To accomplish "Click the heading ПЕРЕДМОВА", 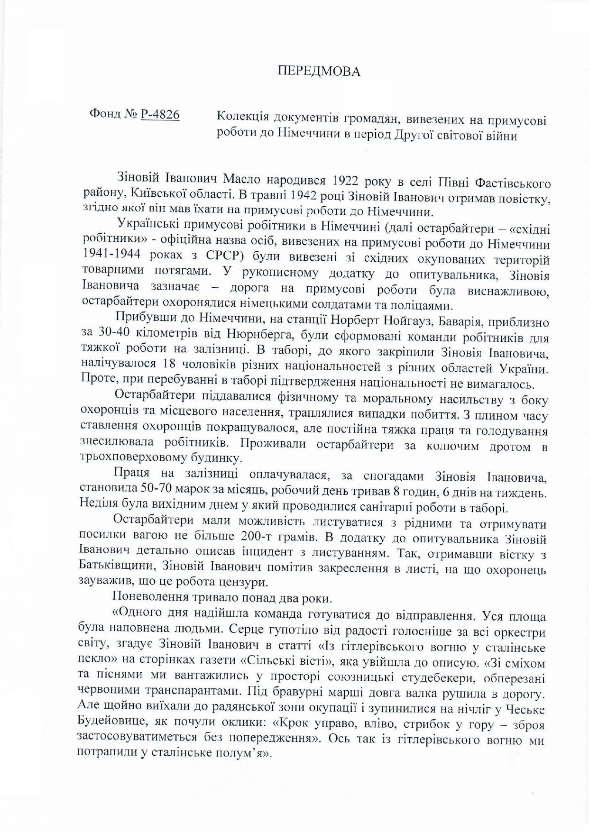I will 319,71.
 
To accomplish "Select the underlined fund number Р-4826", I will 160,114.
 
